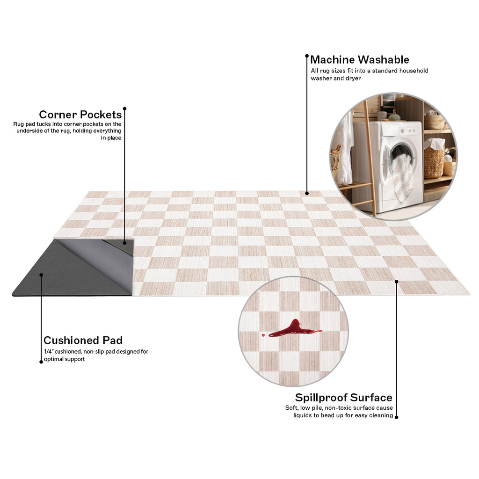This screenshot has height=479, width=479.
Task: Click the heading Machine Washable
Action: [360, 59]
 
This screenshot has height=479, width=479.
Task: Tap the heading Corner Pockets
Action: [80, 115]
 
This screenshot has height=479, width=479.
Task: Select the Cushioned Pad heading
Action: [83, 341]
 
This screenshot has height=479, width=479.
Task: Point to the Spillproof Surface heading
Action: [344, 398]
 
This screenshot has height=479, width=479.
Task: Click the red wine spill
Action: [293, 329]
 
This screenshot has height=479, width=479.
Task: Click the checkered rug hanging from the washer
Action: [403, 178]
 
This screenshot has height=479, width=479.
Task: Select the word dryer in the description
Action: [353, 79]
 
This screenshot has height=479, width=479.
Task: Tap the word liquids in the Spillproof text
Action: [303, 415]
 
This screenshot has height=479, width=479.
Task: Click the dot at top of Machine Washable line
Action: [307, 56]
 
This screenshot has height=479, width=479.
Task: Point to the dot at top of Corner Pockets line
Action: [124, 109]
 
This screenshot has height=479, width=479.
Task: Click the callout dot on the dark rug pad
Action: [41, 275]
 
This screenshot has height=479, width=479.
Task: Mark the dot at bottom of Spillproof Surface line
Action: [397, 417]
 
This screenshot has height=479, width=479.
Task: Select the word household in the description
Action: [414, 71]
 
